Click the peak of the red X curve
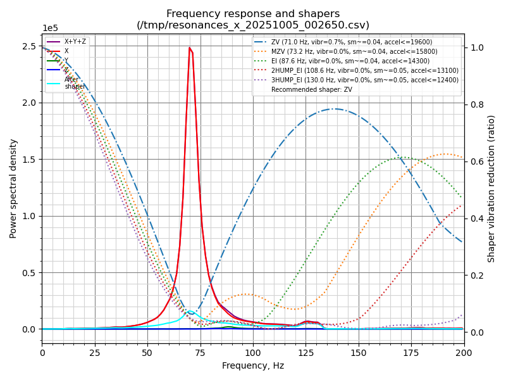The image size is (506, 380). coord(190,47)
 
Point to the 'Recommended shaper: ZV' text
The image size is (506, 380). coord(312,89)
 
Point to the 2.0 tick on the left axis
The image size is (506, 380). coord(29,103)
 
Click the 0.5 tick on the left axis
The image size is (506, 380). coord(29,273)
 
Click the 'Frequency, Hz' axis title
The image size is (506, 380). coord(253,365)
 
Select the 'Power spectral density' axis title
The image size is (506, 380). coord(13,188)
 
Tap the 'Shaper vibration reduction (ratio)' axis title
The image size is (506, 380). coord(491,188)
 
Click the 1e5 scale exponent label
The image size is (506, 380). coord(50,28)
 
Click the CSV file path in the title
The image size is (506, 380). coord(253,25)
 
